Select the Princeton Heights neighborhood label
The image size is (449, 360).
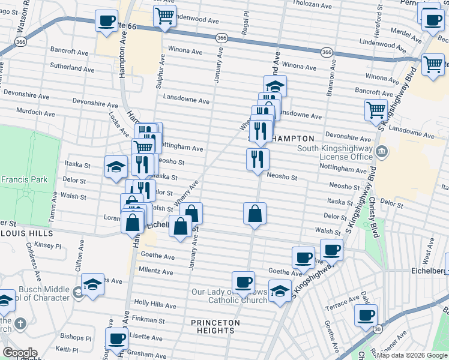[215, 326]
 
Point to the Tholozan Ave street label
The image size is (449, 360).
[312, 5]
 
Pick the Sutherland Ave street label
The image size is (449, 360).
[72, 69]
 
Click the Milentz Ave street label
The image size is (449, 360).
[156, 271]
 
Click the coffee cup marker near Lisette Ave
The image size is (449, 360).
[117, 338]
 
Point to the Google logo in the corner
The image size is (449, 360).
[19, 353]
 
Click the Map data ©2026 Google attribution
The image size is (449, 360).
[412, 355]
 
